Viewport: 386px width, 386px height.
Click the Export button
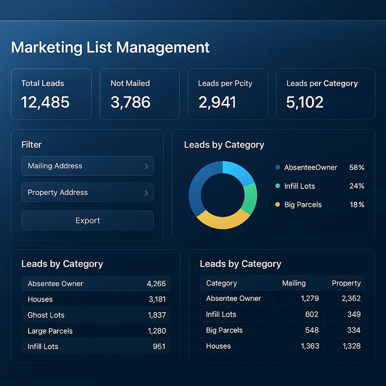click(87, 221)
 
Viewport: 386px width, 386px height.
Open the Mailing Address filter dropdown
click(87, 166)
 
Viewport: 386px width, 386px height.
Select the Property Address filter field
click(87, 192)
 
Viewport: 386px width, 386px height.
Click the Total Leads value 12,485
click(45, 103)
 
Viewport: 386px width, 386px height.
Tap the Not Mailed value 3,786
click(131, 103)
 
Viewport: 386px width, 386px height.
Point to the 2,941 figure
click(217, 103)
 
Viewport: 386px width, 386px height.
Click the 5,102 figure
click(305, 103)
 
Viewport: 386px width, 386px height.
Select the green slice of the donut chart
click(250, 198)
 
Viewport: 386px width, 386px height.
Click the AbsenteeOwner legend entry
click(310, 167)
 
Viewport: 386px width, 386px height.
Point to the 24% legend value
click(357, 186)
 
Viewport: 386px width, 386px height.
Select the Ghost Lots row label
click(46, 315)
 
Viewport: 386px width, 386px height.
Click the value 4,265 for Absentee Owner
click(156, 283)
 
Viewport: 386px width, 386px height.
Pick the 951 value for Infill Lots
click(159, 346)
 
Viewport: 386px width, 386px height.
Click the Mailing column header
click(294, 283)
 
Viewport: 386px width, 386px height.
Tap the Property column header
click(346, 283)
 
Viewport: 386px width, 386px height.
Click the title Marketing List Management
click(110, 47)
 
